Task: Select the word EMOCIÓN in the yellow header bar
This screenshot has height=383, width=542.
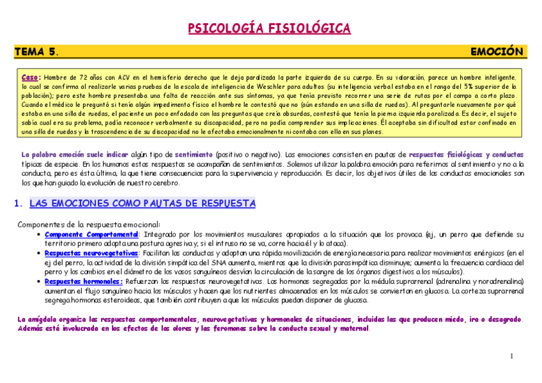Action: tap(497, 52)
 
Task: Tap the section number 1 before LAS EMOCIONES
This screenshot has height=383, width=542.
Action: tap(17, 204)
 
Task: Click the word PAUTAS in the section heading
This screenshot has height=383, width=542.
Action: tap(165, 204)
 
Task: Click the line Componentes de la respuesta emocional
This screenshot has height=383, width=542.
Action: tap(88, 224)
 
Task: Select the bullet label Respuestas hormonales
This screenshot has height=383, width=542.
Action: tap(83, 281)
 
